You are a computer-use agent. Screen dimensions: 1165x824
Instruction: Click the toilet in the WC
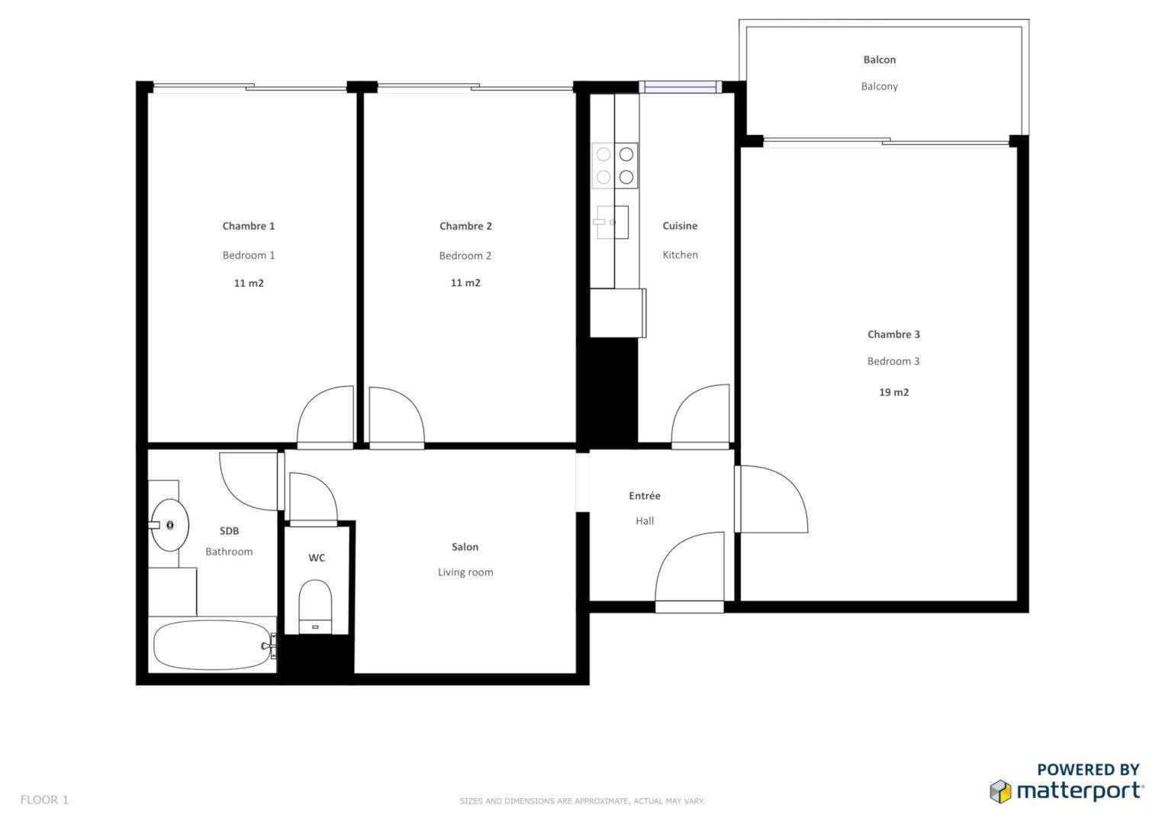pyautogui.click(x=315, y=607)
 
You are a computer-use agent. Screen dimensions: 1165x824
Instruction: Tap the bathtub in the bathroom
pyautogui.click(x=213, y=645)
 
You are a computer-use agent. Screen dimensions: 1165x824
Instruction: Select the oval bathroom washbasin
pyautogui.click(x=169, y=525)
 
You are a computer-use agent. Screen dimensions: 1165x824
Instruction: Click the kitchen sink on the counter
pyautogui.click(x=612, y=222)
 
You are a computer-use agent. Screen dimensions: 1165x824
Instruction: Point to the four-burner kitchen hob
pyautogui.click(x=615, y=166)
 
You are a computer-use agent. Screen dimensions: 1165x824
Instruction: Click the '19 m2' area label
pyautogui.click(x=893, y=392)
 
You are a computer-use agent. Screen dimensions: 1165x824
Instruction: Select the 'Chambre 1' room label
pyautogui.click(x=249, y=226)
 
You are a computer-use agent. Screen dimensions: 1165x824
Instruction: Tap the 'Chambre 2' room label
pyautogui.click(x=465, y=226)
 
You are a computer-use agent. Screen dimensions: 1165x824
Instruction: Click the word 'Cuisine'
pyautogui.click(x=680, y=226)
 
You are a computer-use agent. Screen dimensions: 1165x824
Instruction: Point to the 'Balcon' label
pyautogui.click(x=880, y=60)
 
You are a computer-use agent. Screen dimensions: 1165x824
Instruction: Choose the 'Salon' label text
pyautogui.click(x=465, y=547)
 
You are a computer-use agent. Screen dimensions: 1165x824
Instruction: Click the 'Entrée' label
pyautogui.click(x=645, y=496)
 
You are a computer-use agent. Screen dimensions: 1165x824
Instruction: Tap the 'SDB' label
pyautogui.click(x=229, y=530)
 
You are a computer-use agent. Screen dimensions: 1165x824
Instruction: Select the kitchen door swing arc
pyautogui.click(x=687, y=398)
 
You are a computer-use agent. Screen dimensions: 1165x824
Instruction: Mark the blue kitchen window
pyautogui.click(x=681, y=87)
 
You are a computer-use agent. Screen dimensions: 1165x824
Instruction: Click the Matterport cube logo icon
pyautogui.click(x=1000, y=791)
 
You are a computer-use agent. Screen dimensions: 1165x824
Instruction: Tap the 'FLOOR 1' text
pyautogui.click(x=44, y=800)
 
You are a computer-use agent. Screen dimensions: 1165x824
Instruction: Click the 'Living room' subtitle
pyautogui.click(x=465, y=572)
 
